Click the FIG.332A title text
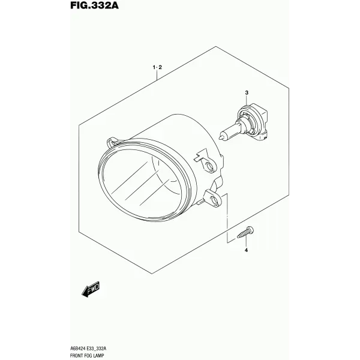(x=94, y=5)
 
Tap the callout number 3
(x=247, y=93)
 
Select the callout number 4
(x=246, y=250)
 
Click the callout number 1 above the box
(x=154, y=67)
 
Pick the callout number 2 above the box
(x=160, y=67)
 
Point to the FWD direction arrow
(x=91, y=289)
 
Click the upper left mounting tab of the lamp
(x=112, y=143)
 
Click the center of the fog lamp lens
(x=142, y=181)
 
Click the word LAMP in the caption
(x=98, y=355)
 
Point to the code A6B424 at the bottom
(x=78, y=349)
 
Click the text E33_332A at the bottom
(x=97, y=349)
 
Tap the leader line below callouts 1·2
(x=157, y=75)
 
